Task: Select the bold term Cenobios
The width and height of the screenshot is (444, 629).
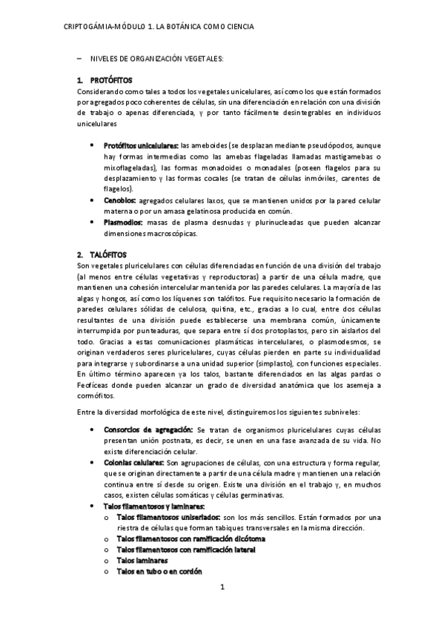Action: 120,200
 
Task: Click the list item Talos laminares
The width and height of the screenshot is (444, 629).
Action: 142,561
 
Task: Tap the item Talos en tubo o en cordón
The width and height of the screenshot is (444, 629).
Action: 159,572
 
